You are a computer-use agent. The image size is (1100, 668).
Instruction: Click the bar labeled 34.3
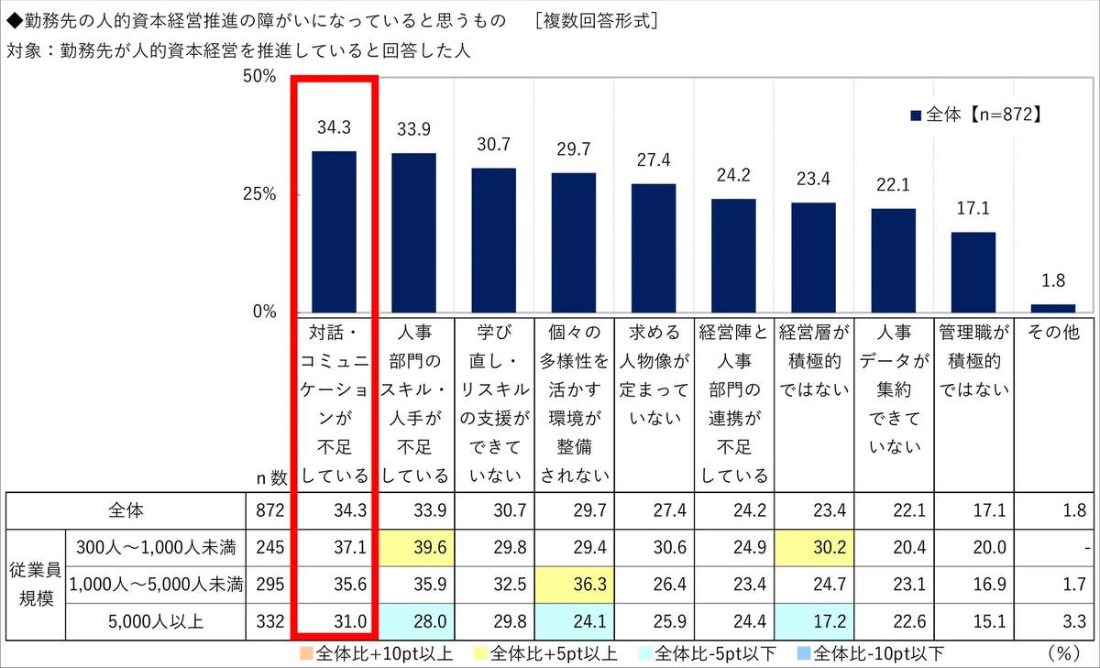click(x=334, y=231)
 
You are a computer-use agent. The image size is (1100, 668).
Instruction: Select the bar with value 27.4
click(x=653, y=247)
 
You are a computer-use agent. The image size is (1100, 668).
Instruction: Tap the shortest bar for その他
click(x=1052, y=308)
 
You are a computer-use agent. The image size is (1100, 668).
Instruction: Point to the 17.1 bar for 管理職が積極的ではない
click(x=973, y=271)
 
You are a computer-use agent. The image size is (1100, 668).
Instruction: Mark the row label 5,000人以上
click(x=157, y=619)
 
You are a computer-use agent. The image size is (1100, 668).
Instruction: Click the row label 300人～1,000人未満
click(x=157, y=549)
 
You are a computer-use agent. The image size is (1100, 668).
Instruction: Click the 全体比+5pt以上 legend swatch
click(x=480, y=654)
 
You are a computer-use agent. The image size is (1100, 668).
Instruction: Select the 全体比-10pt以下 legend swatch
click(x=803, y=654)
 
